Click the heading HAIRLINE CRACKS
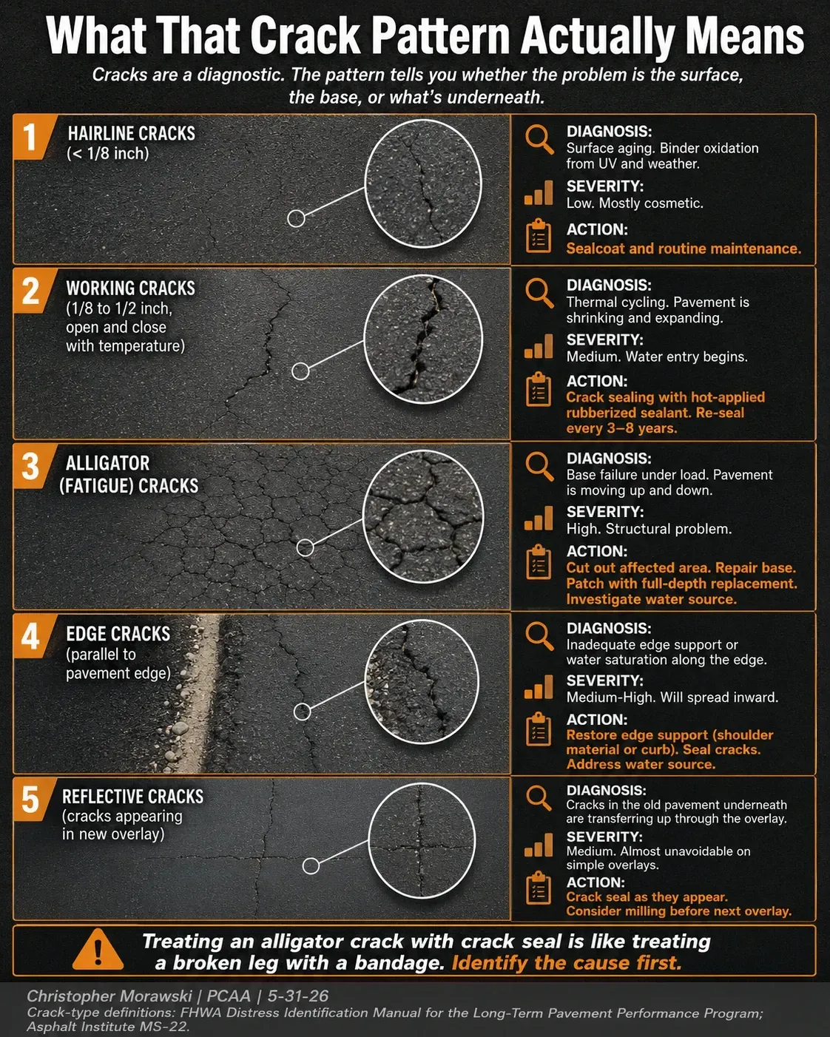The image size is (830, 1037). tap(131, 133)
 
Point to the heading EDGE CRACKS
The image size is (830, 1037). tap(118, 634)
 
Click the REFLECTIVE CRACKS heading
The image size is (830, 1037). tap(132, 797)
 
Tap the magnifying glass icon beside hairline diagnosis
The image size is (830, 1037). tap(539, 139)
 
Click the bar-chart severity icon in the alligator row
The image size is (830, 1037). tap(539, 518)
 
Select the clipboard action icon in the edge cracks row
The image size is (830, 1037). tap(539, 729)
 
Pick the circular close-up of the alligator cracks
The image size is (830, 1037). tap(423, 516)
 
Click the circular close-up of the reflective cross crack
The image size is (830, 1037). tap(422, 841)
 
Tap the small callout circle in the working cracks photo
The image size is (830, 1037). tap(301, 371)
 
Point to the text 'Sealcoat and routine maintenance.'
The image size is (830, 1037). tap(684, 249)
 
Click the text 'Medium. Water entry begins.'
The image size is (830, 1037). tap(657, 357)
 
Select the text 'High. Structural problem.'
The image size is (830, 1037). tap(649, 529)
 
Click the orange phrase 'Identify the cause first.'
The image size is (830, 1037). tap(567, 963)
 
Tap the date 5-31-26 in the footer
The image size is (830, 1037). tap(298, 996)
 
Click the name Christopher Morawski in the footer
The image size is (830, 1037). tap(109, 996)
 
